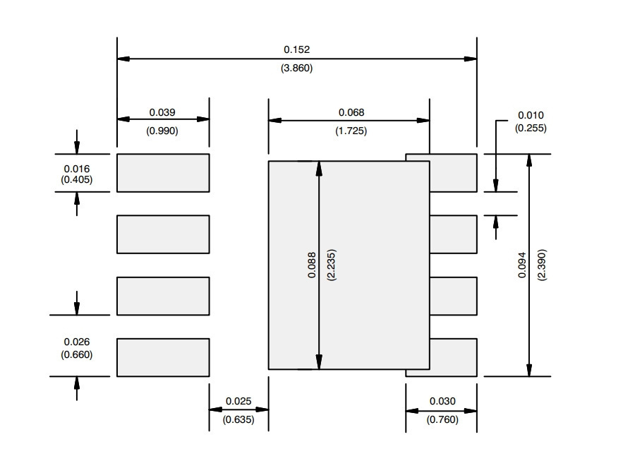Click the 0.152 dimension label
click(296, 49)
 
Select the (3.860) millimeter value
click(296, 68)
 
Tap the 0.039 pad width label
click(162, 112)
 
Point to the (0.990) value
click(162, 131)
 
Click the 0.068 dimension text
click(351, 112)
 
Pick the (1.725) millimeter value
click(351, 131)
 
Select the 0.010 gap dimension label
click(531, 115)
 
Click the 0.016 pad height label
click(76, 169)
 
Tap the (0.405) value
click(76, 179)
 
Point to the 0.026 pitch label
click(76, 342)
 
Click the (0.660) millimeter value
click(76, 354)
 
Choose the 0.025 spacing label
click(238, 401)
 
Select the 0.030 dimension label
click(442, 401)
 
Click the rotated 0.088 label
click(311, 265)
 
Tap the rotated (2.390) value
click(541, 265)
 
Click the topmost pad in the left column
click(163, 173)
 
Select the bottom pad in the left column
click(163, 357)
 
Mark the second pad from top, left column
click(163, 234)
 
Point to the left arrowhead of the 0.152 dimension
click(123, 59)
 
